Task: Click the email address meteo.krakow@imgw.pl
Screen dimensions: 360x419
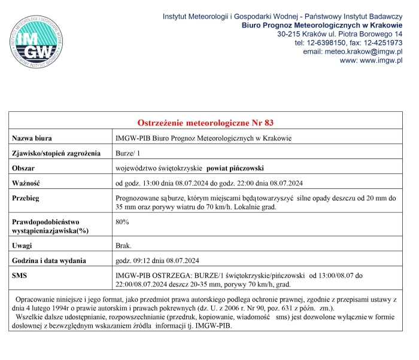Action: click(369, 51)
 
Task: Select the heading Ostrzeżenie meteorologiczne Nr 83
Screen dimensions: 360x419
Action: click(205, 123)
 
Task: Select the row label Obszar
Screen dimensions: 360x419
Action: click(26, 168)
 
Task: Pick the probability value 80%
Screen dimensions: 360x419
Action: click(122, 222)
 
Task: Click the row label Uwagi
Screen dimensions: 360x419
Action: click(23, 246)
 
